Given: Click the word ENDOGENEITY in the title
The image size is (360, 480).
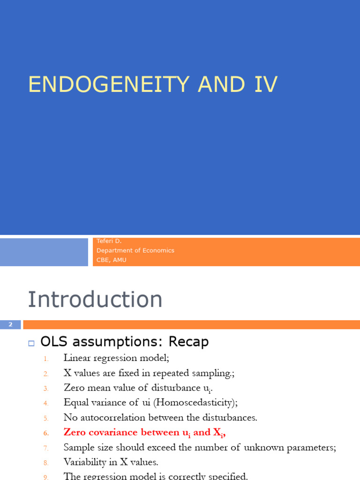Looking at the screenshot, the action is coord(109,84).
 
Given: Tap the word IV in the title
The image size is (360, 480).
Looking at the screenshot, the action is coord(266,84).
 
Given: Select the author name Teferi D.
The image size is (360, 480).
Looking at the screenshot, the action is coord(109,241).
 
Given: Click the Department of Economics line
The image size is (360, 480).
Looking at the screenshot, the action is coord(135,250).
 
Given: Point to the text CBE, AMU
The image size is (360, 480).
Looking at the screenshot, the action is coord(112,260).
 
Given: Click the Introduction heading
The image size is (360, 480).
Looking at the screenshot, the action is coord(95,299).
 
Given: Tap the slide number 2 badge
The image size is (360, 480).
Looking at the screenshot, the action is coord(10,324).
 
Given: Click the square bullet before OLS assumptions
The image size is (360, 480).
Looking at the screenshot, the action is coord(31,343).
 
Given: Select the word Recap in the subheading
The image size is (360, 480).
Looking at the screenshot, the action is coord(188,342).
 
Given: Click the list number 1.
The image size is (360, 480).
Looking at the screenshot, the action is coord(46,359).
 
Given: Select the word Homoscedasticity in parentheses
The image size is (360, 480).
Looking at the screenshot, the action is coord(195,402).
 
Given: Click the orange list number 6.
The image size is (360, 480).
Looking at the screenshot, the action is coord(46,433).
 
